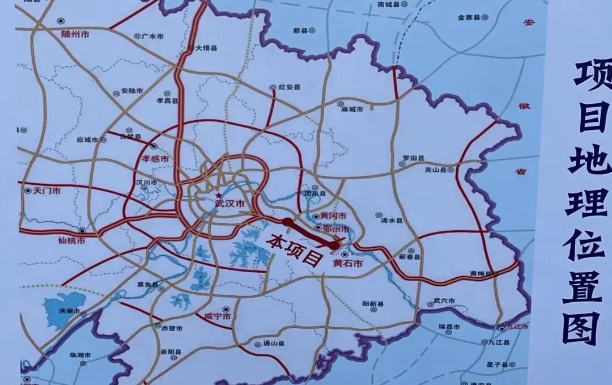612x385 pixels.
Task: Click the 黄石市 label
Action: (x=347, y=263)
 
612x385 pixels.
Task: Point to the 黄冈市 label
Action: (x=333, y=216)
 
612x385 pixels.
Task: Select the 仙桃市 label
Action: (x=72, y=240)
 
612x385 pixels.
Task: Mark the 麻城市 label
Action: (x=352, y=108)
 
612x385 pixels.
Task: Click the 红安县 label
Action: (x=289, y=88)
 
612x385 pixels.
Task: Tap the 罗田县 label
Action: (x=413, y=158)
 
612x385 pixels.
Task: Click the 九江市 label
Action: (x=517, y=328)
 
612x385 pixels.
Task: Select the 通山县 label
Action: (x=273, y=344)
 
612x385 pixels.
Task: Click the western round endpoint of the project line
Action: (x=288, y=223)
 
